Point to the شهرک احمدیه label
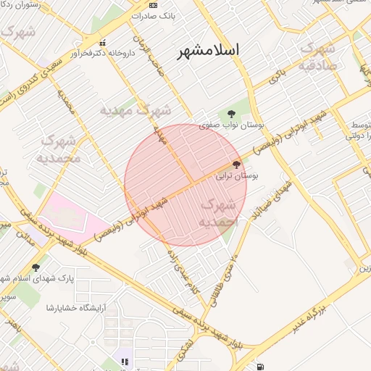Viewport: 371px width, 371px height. (217, 213)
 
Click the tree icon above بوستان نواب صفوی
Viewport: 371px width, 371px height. (231, 114)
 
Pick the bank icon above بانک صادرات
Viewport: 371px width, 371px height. (152, 5)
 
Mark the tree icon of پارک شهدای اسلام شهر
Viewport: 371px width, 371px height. (36, 267)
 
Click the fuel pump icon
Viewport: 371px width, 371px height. (259, 365)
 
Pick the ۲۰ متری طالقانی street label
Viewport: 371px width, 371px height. (220, 275)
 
